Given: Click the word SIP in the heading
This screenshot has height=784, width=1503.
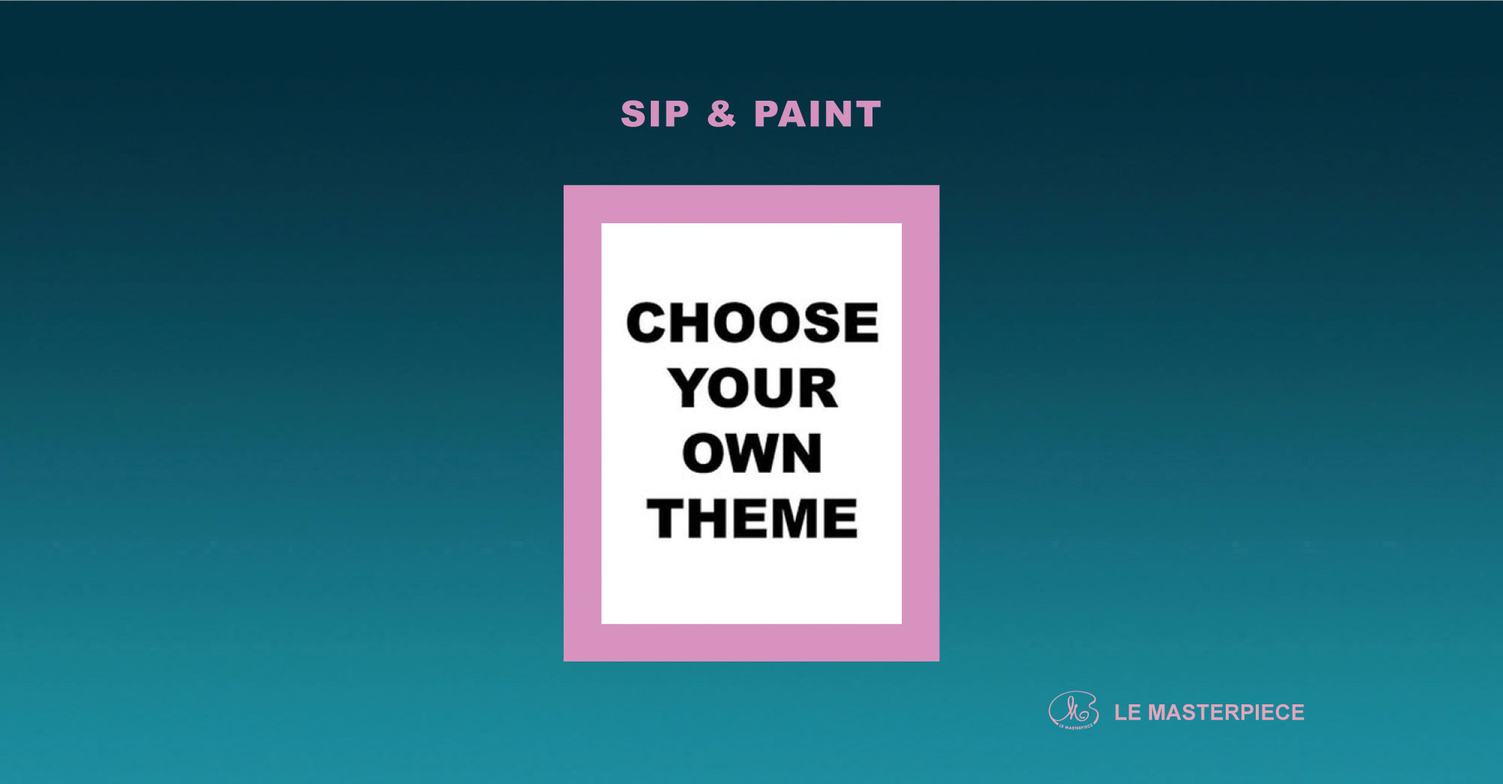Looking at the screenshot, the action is point(655,114).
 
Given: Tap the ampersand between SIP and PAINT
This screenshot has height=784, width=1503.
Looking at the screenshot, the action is point(721,114).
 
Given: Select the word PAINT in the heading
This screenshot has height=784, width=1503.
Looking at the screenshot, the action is point(818,114).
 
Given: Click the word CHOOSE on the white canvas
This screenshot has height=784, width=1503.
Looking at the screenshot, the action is point(752,322).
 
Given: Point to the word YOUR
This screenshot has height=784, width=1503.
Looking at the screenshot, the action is point(752,388).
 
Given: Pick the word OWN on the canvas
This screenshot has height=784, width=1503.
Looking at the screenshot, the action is point(752,453).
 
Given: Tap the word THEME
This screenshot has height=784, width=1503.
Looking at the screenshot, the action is point(752,519).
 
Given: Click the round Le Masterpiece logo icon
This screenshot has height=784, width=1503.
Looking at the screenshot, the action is point(1073,710).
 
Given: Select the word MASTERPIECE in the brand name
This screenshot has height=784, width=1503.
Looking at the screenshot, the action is point(1226,712).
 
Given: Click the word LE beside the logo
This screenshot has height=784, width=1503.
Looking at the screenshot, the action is point(1128,712).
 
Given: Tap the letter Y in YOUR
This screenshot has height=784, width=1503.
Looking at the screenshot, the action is point(688,388).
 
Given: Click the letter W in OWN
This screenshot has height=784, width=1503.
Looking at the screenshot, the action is point(753,453).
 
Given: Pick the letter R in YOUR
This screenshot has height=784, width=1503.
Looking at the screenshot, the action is point(818,388).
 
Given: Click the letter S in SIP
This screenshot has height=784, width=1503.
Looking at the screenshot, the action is point(633,114).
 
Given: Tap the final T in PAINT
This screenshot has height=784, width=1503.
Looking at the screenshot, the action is point(867,114).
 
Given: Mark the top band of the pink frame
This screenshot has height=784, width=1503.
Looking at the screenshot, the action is point(751,204).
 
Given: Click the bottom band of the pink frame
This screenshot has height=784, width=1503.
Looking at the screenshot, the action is point(751,643).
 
